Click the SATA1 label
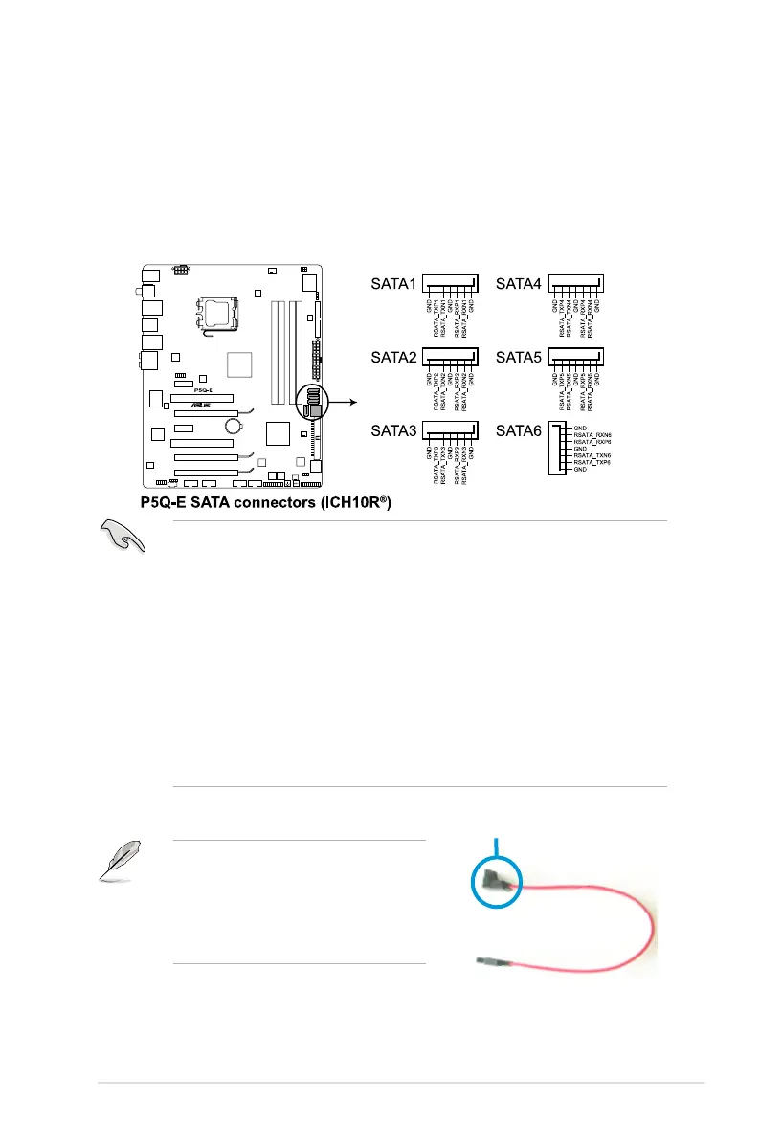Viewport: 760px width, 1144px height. point(393,284)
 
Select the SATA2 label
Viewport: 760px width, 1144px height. point(393,357)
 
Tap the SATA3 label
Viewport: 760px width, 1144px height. point(393,430)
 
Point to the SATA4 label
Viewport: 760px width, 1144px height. point(518,284)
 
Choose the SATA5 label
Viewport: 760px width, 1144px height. point(518,357)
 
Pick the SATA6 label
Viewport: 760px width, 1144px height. point(518,430)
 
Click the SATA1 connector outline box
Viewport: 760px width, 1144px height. point(450,284)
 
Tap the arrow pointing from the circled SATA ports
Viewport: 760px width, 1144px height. point(344,402)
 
